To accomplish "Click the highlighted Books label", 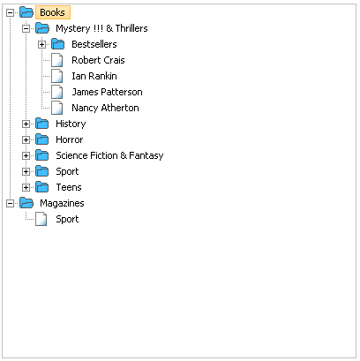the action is [53, 12].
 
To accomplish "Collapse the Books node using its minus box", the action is [10, 12].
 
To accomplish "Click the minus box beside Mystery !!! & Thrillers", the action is [26, 28].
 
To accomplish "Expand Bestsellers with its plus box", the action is [41, 44].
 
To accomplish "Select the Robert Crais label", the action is [98, 60].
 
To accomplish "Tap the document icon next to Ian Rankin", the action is [57, 76].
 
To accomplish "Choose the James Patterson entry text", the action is [107, 92].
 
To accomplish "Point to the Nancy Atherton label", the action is [105, 108].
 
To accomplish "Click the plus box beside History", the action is [26, 124].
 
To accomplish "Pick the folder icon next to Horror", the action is [42, 139].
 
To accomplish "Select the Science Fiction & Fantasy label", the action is [109, 155].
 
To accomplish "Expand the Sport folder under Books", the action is [26, 171].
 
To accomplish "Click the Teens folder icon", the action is [42, 187].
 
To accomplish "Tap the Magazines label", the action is [62, 203].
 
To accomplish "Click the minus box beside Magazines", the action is [10, 203].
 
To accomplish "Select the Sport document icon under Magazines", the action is [41, 219].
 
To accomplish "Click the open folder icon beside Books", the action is [26, 12].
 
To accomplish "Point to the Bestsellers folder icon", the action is [58, 44].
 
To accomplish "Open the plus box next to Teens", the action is [26, 187].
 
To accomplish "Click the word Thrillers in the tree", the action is [131, 28].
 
